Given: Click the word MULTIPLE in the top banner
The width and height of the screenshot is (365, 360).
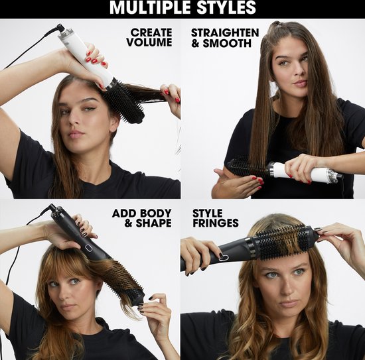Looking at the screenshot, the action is [x=151, y=7].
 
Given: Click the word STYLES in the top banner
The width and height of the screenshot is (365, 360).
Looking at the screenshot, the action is [x=226, y=7].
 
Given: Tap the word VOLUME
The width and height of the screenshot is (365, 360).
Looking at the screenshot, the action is [x=149, y=42].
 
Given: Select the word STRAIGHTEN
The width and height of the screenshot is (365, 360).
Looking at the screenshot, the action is [x=225, y=32].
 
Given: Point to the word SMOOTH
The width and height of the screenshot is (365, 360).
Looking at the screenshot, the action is [x=227, y=44].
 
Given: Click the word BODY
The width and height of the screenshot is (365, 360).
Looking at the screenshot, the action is [x=156, y=213].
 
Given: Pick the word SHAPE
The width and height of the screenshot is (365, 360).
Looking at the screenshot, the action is [x=153, y=223].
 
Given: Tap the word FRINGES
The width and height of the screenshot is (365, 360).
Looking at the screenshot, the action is [x=216, y=223].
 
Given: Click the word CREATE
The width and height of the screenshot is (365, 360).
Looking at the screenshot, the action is [x=151, y=32].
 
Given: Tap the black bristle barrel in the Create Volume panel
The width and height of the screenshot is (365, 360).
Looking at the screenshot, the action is [x=124, y=101].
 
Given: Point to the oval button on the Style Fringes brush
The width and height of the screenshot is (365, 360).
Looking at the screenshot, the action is [x=224, y=257].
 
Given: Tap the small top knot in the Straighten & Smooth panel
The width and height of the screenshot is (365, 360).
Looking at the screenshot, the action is [x=277, y=25].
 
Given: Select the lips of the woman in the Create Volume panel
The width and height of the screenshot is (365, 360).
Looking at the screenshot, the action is [x=76, y=135].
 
